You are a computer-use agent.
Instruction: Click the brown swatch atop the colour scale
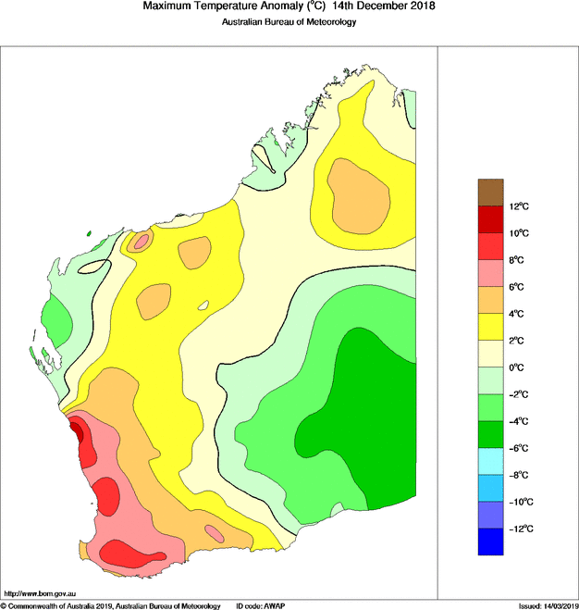tap(490, 192)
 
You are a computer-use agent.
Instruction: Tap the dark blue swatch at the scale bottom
tap(490, 542)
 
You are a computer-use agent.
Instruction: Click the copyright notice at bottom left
tap(110, 605)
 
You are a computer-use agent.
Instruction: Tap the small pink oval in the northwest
tap(142, 242)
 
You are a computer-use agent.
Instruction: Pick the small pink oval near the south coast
tap(215, 533)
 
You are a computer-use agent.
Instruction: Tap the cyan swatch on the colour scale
tap(490, 462)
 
